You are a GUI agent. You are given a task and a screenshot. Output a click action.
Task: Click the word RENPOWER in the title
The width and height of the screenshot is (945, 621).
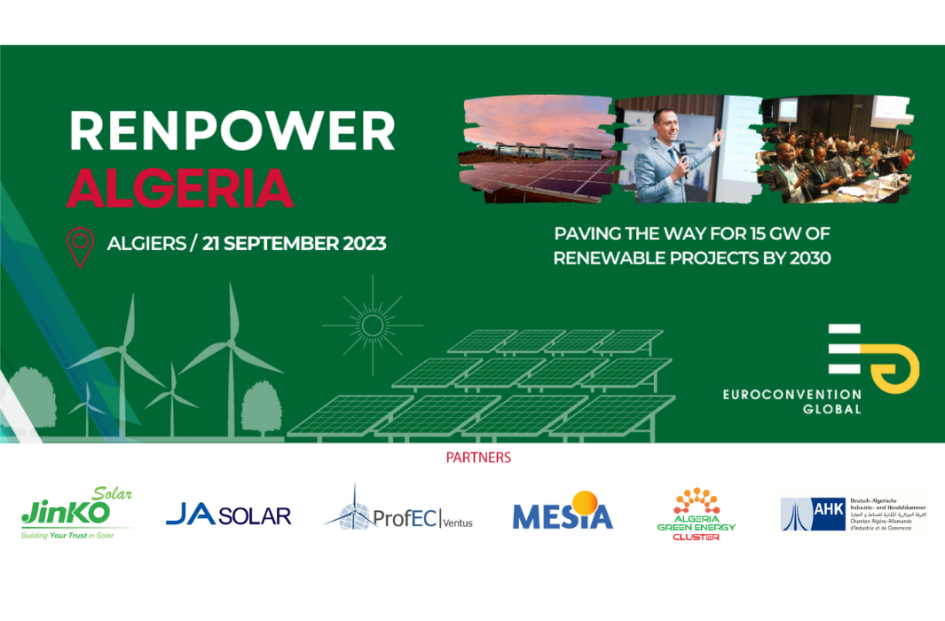coord(232,131)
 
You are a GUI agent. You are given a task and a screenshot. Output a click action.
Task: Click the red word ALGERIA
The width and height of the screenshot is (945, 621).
coord(180,187)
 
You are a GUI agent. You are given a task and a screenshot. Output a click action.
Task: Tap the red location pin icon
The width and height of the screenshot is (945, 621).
coord(81,247)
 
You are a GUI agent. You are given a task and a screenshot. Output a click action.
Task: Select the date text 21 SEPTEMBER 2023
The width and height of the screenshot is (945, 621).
coord(295,243)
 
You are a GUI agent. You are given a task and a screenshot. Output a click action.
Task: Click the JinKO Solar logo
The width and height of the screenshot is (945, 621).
coord(77,514)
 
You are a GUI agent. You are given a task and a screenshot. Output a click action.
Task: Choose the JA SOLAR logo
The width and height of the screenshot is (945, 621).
coord(228,515)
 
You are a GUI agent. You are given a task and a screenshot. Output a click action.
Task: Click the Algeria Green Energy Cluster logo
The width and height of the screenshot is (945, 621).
coord(696,514)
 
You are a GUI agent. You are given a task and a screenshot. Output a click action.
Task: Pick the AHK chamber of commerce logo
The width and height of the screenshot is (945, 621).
coord(854,514)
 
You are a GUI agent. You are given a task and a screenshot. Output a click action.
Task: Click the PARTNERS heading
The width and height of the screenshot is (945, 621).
coord(478,459)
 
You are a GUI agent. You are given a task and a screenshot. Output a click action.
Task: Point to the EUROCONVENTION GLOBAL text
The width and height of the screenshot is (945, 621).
coord(791,401)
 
